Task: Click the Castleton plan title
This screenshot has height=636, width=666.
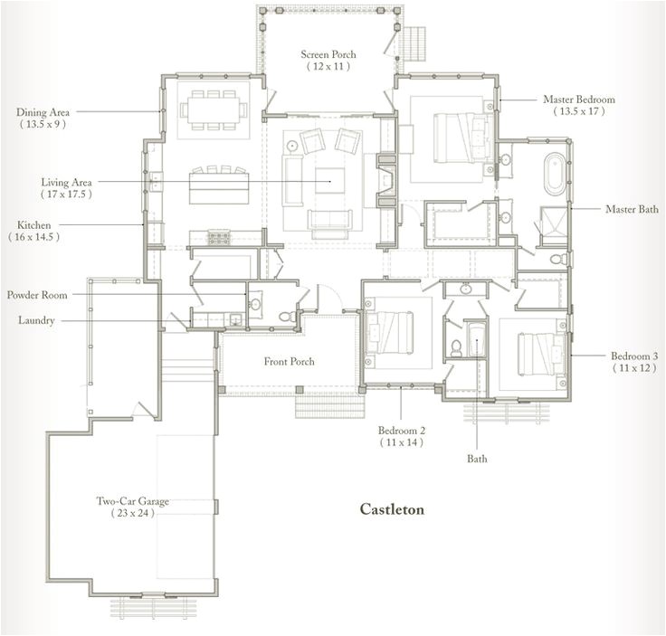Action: [392, 509]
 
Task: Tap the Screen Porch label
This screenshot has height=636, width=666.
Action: [328, 55]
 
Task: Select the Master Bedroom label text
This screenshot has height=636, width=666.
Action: [579, 99]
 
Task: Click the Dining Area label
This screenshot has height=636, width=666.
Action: [43, 112]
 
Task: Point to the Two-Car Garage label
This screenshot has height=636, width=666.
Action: [133, 500]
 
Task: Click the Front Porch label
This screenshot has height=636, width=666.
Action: [289, 362]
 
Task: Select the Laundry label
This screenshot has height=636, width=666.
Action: [36, 320]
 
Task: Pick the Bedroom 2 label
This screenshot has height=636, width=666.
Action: [401, 430]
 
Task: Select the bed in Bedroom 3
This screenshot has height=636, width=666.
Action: [537, 353]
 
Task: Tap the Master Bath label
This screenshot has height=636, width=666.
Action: [632, 209]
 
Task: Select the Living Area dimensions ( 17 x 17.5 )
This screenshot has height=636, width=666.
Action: [65, 194]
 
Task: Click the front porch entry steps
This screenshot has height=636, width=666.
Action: [321, 404]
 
